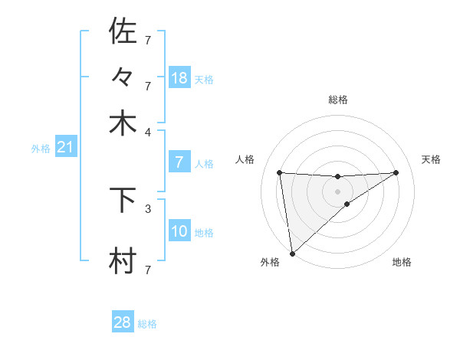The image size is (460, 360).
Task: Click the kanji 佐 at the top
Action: point(123,31)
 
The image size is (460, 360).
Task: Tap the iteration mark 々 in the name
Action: point(123,77)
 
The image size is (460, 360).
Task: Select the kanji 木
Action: point(123,123)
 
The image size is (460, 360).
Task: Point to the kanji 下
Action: point(123,201)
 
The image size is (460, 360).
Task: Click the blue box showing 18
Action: point(179,78)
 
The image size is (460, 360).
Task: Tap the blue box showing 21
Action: point(65,147)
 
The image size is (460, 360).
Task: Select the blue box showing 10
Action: point(179,231)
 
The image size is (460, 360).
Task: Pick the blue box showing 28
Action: point(123,322)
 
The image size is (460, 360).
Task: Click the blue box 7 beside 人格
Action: point(179,162)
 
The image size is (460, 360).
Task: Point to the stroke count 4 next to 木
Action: point(148,131)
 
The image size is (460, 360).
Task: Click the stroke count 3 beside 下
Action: point(148,208)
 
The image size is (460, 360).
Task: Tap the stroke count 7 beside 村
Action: point(148,270)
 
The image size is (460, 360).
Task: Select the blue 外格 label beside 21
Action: point(41,149)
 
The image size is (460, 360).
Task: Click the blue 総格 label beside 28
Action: point(147,324)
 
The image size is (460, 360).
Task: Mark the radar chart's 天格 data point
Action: point(396,172)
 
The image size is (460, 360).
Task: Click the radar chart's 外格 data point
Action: point(292,254)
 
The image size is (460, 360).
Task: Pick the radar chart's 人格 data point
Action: point(279,172)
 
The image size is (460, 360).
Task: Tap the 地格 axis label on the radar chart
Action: point(402,262)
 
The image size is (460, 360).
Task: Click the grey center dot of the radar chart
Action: point(337,191)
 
